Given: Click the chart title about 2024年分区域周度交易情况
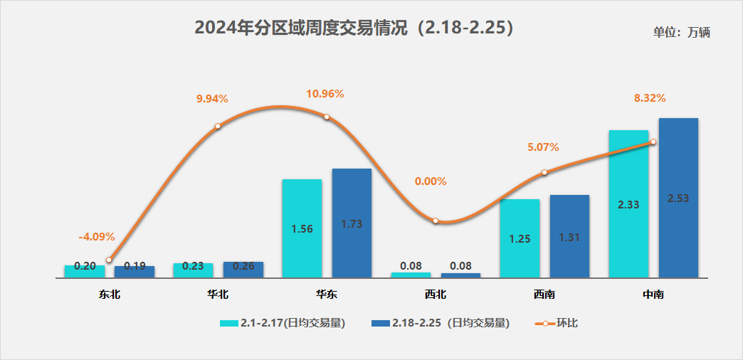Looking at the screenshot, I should [354, 28].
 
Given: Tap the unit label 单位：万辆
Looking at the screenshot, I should [681, 32].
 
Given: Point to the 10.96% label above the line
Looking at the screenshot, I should [325, 93].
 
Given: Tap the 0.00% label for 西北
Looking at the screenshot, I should [431, 181].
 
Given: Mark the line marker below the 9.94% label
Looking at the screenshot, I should [218, 127].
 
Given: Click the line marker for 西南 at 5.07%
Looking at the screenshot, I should [544, 172].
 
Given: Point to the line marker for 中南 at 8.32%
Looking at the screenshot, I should [653, 142].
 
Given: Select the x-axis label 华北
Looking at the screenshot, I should [218, 294].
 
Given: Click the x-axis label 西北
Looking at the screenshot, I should [436, 294].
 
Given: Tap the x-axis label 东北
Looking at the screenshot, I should [109, 294].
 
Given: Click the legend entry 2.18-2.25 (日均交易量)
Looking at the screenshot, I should [441, 323].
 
